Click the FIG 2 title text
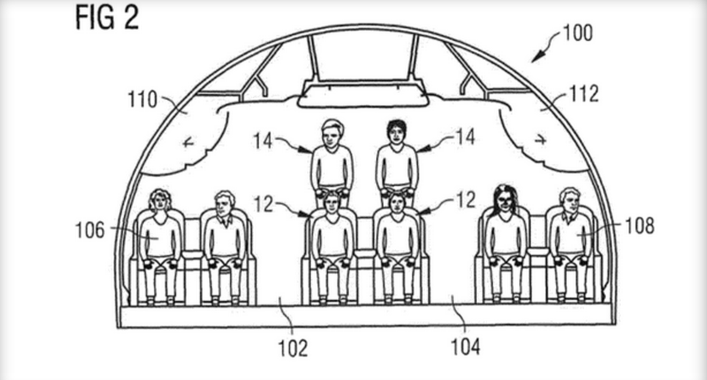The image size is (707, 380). tap(107, 18)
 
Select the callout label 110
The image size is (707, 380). tap(143, 100)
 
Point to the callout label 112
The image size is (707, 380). tap(583, 93)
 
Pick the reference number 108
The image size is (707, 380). tap(640, 226)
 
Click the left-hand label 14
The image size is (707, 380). tap(263, 140)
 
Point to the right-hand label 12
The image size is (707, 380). tap(464, 200)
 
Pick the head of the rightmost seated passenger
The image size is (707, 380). tap(569, 201)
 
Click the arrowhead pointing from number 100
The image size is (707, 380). tap(536, 58)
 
